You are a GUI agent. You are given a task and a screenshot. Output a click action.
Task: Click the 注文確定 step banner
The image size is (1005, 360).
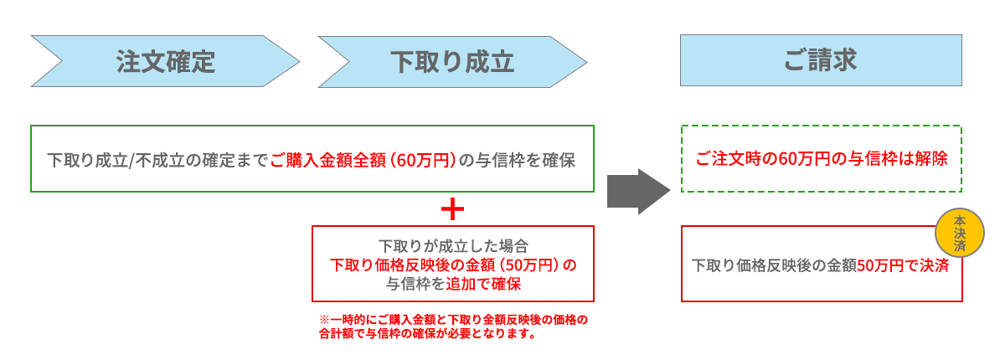pyautogui.click(x=165, y=61)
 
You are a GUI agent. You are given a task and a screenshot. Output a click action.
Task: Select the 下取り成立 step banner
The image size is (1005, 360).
pyautogui.click(x=452, y=61)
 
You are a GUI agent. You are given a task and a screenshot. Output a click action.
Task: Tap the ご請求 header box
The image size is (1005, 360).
pyautogui.click(x=821, y=60)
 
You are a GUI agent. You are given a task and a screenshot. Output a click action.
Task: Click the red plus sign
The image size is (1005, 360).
pyautogui.click(x=452, y=209)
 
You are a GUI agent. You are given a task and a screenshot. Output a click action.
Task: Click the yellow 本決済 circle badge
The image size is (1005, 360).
pyautogui.click(x=959, y=233)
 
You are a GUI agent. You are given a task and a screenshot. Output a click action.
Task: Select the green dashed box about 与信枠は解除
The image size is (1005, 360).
pyautogui.click(x=821, y=159)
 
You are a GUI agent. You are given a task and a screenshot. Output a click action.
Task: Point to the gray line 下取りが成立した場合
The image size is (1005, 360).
pyautogui.click(x=453, y=247)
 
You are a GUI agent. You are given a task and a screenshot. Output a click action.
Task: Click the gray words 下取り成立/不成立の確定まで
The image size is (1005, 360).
pyautogui.click(x=157, y=160)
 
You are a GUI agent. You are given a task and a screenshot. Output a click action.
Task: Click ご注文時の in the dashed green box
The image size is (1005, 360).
pyautogui.click(x=729, y=159)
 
